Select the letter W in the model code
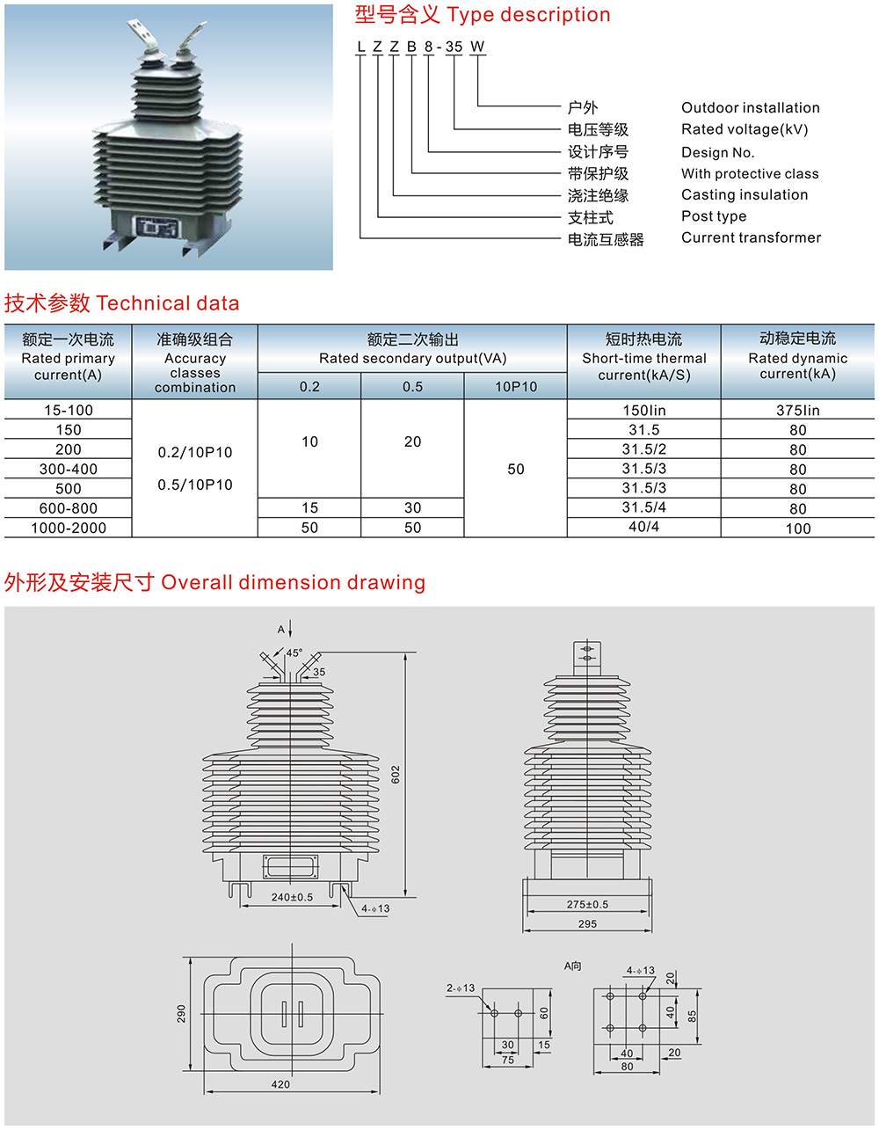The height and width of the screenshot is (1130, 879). click(x=476, y=47)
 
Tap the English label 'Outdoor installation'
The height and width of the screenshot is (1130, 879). click(x=750, y=107)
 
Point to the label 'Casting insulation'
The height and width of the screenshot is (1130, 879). click(x=744, y=194)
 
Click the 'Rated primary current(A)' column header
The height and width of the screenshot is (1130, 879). click(x=68, y=358)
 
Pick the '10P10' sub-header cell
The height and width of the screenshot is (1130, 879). click(x=515, y=387)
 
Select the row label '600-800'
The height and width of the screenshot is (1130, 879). click(x=68, y=508)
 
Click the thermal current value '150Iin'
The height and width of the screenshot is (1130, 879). click(x=643, y=411)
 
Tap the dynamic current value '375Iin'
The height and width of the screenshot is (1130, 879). click(x=797, y=411)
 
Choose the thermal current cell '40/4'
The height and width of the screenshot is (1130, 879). click(x=643, y=527)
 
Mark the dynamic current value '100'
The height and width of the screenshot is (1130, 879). click(x=797, y=529)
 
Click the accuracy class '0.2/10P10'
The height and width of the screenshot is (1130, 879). click(x=195, y=453)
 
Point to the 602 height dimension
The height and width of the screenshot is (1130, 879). click(x=396, y=775)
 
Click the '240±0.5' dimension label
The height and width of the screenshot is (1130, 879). click(x=292, y=897)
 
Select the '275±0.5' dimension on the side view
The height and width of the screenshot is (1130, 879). click(x=587, y=904)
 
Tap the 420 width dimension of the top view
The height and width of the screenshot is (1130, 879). click(x=280, y=1084)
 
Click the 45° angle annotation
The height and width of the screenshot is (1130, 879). click(x=294, y=653)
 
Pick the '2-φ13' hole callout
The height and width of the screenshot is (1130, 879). click(x=460, y=988)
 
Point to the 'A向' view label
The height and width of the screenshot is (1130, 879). click(x=572, y=966)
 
